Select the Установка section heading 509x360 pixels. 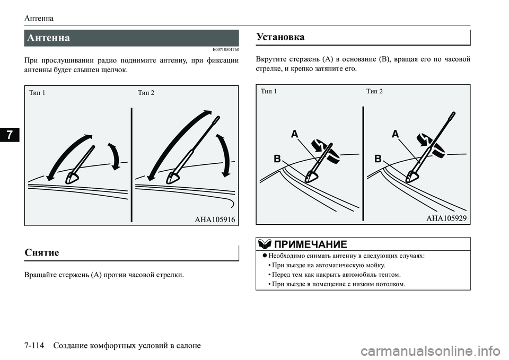[280, 37]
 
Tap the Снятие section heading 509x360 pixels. [42, 252]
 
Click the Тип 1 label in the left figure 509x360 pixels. [37, 93]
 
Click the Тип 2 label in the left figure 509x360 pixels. [146, 93]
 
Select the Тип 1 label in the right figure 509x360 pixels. [269, 91]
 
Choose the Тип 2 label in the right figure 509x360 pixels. [374, 91]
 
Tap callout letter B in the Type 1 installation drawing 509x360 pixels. [277, 159]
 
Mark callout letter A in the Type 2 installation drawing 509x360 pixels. [395, 135]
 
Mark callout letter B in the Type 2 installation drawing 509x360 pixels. [378, 159]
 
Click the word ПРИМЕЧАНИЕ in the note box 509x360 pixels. [310, 244]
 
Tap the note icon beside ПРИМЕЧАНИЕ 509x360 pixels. [264, 244]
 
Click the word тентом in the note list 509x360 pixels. [388, 275]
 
